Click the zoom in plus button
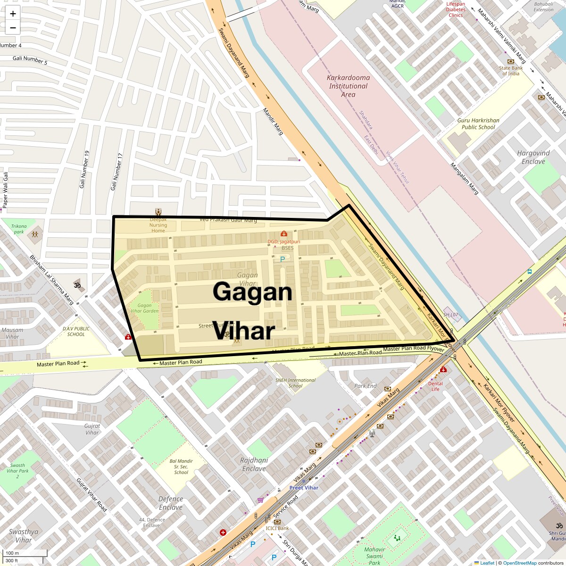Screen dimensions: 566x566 tap(13, 14)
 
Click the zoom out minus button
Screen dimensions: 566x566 tap(13, 28)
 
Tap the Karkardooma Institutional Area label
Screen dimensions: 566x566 tap(348, 86)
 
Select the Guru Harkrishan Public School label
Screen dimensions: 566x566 tap(478, 124)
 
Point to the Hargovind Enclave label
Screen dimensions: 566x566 tap(533, 157)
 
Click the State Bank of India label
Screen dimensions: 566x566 tap(510, 71)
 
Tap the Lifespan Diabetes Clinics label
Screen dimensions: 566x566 tap(455, 9)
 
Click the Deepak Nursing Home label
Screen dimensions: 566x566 tap(158, 225)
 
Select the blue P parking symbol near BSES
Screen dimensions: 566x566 tap(283, 259)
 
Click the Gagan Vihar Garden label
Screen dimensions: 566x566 tap(144, 308)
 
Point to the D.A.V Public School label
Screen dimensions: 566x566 tap(76, 332)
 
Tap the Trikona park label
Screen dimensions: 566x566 tap(19, 229)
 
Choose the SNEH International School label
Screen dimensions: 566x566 tap(295, 383)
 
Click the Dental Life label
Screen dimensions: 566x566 tap(435, 386)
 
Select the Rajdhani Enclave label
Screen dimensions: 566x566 tap(254, 464)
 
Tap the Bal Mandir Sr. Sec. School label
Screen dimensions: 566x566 tap(181, 466)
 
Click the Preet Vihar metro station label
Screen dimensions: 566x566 tap(304, 488)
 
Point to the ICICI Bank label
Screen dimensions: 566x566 tap(277, 528)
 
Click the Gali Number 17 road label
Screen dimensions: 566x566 tap(117, 172)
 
